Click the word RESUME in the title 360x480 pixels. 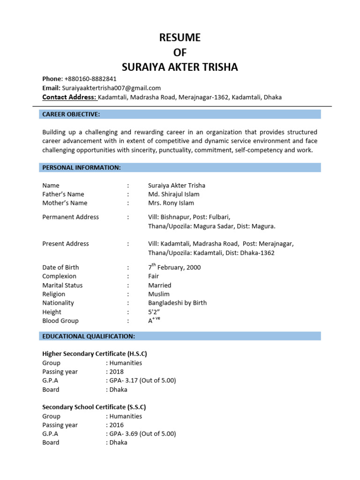click(180, 37)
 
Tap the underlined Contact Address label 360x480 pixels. click(69, 97)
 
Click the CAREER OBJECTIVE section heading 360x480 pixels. click(71, 114)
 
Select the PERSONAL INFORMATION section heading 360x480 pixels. click(82, 167)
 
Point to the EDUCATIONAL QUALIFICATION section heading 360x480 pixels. click(89, 336)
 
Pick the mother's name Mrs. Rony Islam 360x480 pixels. click(171, 203)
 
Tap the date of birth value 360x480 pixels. click(174, 267)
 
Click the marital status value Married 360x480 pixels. click(159, 285)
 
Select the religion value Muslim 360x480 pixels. click(158, 294)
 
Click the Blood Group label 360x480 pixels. click(60, 321)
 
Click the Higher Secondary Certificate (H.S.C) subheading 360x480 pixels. click(98, 353)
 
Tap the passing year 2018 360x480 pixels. click(116, 372)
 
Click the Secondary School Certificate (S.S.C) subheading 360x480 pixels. click(97, 407)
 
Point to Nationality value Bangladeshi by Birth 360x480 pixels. click(177, 303)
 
